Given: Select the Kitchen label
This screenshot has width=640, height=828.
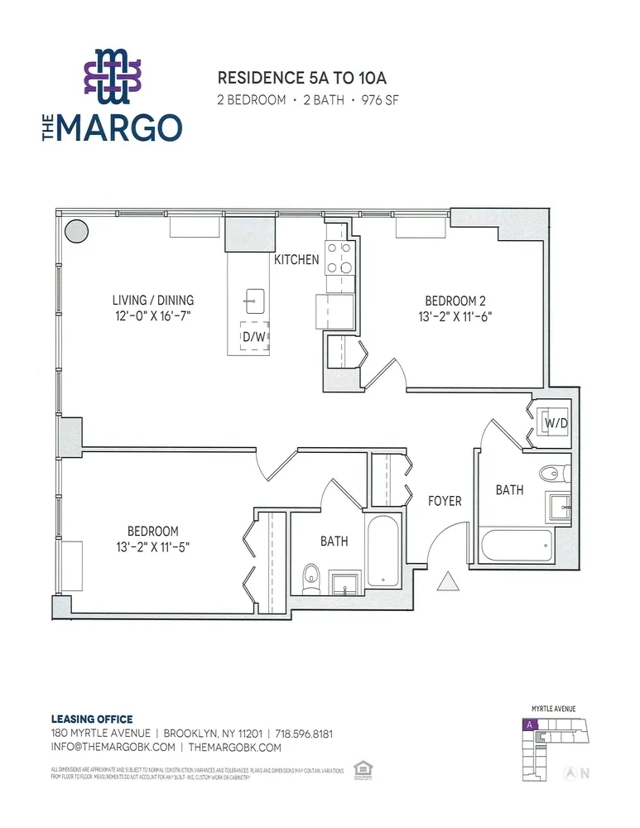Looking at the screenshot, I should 296,260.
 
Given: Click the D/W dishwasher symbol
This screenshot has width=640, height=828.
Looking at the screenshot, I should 255,337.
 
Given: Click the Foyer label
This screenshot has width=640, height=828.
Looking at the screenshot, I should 445,501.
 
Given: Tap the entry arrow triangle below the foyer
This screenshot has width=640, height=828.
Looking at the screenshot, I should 447,583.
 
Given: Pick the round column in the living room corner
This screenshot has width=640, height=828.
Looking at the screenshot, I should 77,230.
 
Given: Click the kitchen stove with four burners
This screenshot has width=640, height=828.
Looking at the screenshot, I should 339,257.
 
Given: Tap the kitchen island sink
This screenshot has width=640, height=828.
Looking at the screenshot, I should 255,298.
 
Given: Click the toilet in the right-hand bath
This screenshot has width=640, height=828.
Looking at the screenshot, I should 554,473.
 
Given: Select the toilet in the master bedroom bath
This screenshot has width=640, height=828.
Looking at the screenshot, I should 311,576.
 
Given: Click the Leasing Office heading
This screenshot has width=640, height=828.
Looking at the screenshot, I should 91,719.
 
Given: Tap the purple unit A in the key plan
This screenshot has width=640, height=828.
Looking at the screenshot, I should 527,724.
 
